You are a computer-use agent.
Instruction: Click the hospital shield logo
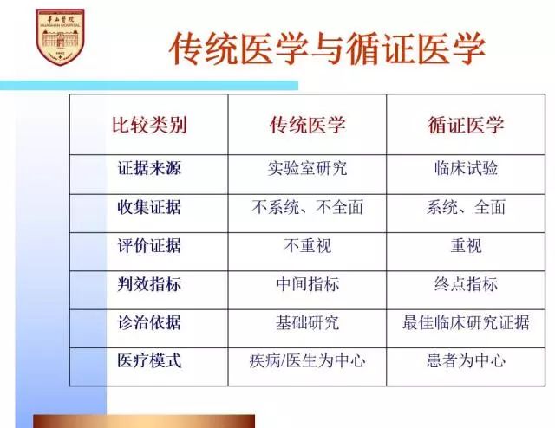pyautogui.click(x=60, y=37)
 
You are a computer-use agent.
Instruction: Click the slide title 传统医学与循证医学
pyautogui.click(x=327, y=49)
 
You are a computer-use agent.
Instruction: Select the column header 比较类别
pyautogui.click(x=149, y=125)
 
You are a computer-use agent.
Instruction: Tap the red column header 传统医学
pyautogui.click(x=307, y=125)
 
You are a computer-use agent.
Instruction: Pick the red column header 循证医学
pyautogui.click(x=466, y=125)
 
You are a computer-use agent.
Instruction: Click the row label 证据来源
pyautogui.click(x=149, y=168)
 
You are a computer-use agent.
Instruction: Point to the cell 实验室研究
pyautogui.click(x=307, y=168)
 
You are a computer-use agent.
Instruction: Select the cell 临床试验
pyautogui.click(x=466, y=168)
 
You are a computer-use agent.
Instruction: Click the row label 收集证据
pyautogui.click(x=149, y=207)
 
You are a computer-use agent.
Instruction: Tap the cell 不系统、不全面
pyautogui.click(x=307, y=207)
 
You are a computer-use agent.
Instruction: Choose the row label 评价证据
pyautogui.click(x=149, y=245)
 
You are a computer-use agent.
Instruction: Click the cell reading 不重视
pyautogui.click(x=307, y=245)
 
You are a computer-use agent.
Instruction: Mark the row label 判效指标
pyautogui.click(x=149, y=284)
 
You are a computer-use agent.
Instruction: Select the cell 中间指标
pyautogui.click(x=307, y=284)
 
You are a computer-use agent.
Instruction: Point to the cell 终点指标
pyautogui.click(x=466, y=284)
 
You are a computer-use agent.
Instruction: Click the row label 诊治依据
pyautogui.click(x=149, y=322)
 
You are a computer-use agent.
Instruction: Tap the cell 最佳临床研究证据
pyautogui.click(x=466, y=322)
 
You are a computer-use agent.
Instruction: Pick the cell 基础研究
pyautogui.click(x=307, y=322)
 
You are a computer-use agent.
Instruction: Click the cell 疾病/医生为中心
pyautogui.click(x=307, y=360)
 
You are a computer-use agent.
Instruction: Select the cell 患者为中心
pyautogui.click(x=466, y=360)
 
